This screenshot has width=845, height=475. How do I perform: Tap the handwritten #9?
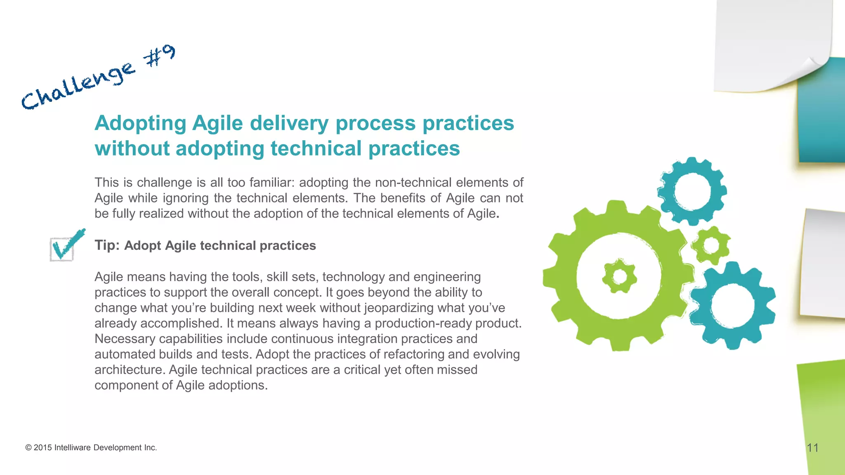tap(159, 56)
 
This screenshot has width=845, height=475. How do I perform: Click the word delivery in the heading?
tap(289, 123)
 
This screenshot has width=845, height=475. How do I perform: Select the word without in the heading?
tap(132, 148)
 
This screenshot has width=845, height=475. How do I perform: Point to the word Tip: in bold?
tap(107, 245)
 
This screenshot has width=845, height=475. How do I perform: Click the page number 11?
tap(812, 448)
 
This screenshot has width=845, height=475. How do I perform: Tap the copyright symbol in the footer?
tap(28, 448)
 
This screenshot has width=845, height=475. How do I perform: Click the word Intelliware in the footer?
tap(72, 448)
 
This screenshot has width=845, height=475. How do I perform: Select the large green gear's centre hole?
tap(619, 276)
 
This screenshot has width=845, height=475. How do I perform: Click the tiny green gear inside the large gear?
tap(619, 277)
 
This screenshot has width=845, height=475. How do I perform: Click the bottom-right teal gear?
tap(732, 306)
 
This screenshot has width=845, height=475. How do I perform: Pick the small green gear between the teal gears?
tap(710, 245)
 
